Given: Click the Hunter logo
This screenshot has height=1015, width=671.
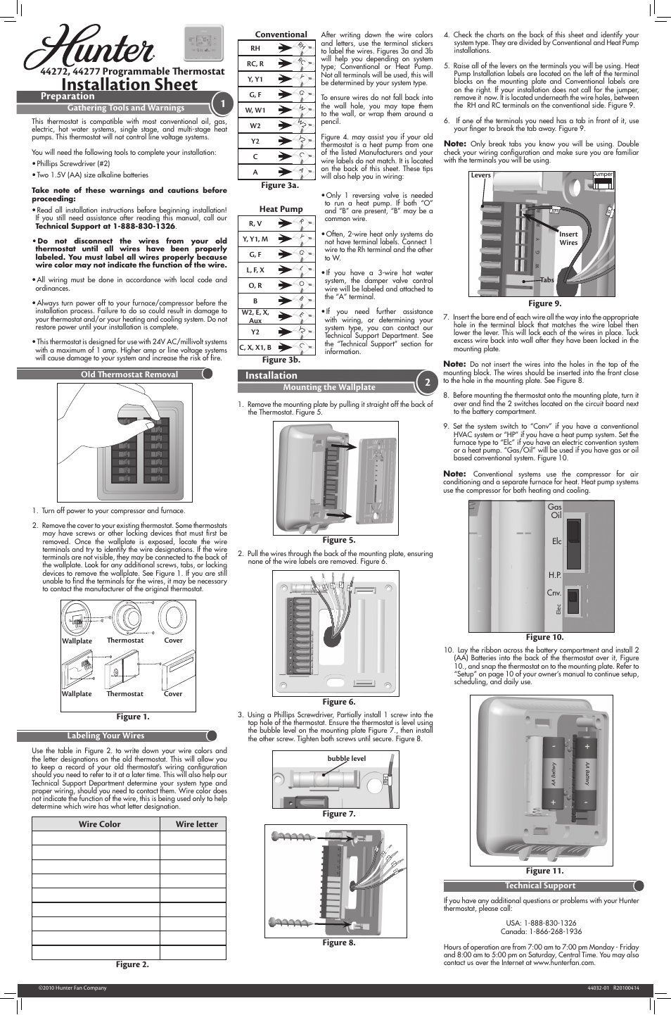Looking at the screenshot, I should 89,48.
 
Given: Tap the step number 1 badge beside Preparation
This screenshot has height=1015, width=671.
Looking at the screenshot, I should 222,104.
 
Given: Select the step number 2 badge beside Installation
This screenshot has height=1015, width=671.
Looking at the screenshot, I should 427,382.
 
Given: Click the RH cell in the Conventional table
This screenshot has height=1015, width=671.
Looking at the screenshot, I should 255,49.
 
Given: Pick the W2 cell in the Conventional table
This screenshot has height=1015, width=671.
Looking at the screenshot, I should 255,126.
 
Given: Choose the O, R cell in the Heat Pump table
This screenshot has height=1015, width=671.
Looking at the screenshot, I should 255,285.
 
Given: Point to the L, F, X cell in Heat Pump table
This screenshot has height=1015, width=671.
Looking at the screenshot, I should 255,270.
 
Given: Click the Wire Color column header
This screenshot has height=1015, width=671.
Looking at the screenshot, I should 99,824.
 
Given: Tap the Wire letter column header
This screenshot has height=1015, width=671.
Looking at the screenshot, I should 196,824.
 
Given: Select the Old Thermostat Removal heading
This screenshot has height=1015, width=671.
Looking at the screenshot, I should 129,374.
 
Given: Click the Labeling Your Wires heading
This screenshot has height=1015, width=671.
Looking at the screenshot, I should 106,736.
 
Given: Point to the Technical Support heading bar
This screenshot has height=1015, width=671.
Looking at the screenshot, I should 540,885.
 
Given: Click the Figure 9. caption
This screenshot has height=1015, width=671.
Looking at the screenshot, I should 544,303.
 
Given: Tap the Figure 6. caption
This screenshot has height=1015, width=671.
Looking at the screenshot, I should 338,702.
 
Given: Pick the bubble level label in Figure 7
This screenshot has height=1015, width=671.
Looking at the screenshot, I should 346,759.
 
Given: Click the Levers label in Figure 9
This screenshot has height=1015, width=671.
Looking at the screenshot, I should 481,175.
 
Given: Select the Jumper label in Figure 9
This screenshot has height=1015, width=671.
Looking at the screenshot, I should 603,174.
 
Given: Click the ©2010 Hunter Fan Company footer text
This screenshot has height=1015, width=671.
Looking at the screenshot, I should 72,988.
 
